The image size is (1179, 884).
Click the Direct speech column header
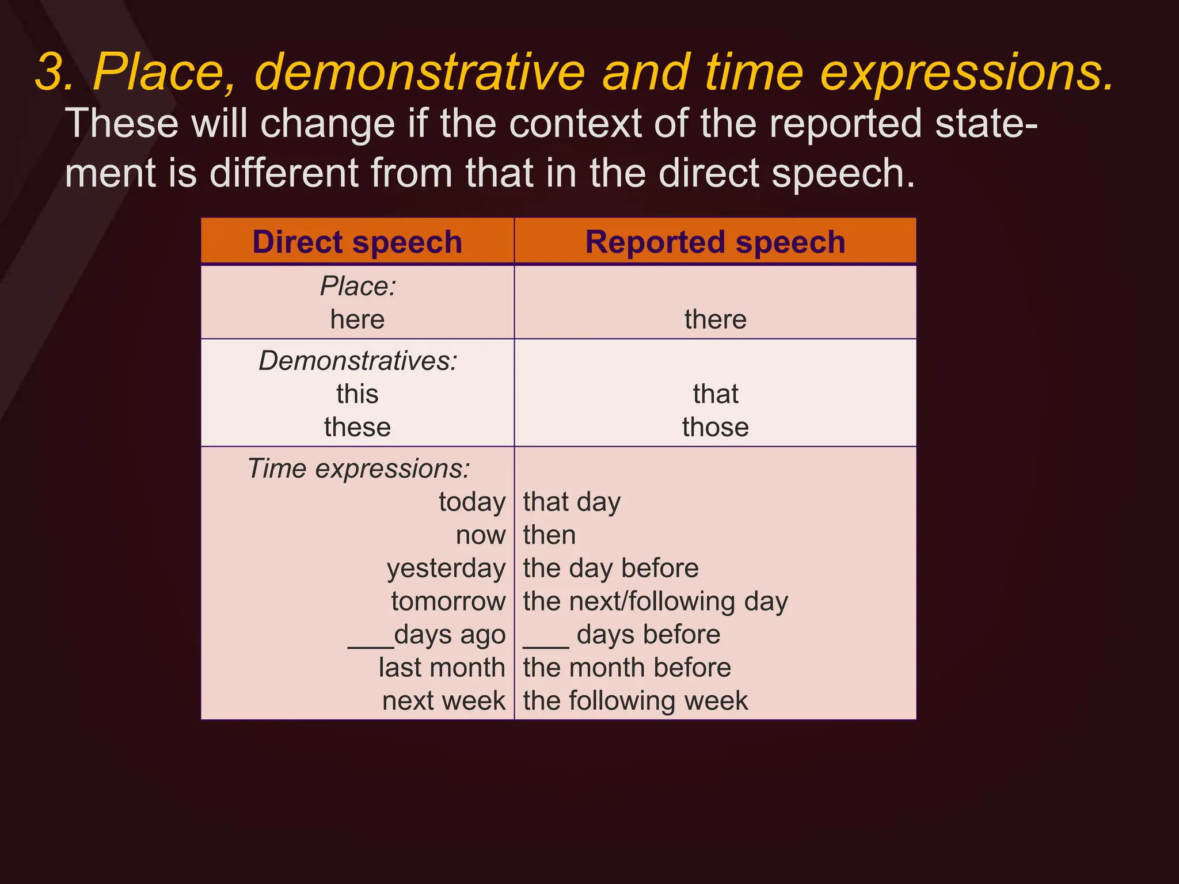(357, 242)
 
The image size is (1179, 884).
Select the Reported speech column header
(715, 242)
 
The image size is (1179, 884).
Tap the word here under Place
(357, 319)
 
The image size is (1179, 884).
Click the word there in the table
(715, 319)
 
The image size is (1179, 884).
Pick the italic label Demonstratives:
(357, 361)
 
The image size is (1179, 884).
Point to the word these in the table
(357, 428)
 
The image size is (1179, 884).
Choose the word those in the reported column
(715, 428)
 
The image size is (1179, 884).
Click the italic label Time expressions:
(358, 468)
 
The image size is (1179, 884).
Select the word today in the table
(471, 502)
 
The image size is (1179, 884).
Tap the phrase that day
(571, 502)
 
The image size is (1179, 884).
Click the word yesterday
(446, 569)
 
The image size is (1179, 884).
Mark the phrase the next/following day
(655, 602)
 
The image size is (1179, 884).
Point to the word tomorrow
(448, 602)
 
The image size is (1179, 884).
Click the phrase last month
(442, 668)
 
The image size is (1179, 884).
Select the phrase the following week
(635, 702)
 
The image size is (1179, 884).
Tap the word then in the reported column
(549, 535)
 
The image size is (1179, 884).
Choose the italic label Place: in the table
(358, 287)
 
